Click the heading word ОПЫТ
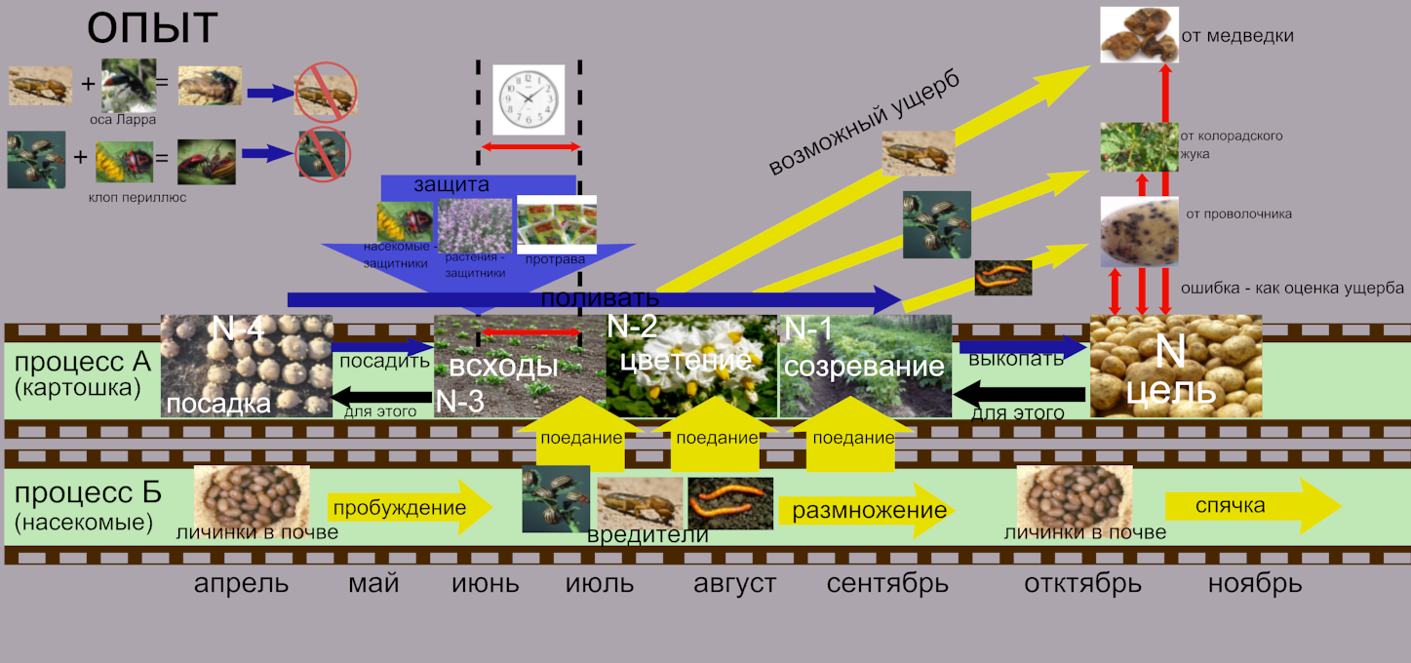151,29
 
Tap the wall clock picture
529,98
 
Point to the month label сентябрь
887,584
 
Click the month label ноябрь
1254,584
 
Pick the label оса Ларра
123,120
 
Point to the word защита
451,184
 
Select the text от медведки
1236,37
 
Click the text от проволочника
1238,214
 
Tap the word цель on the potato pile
1174,390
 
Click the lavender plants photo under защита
475,225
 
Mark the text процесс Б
88,493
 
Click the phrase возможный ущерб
863,124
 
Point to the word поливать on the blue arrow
599,297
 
